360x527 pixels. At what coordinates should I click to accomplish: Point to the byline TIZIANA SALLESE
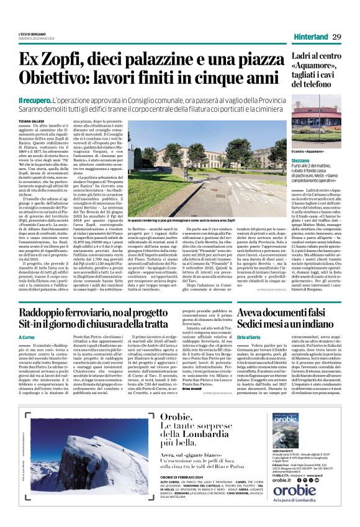click(x=32, y=121)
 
